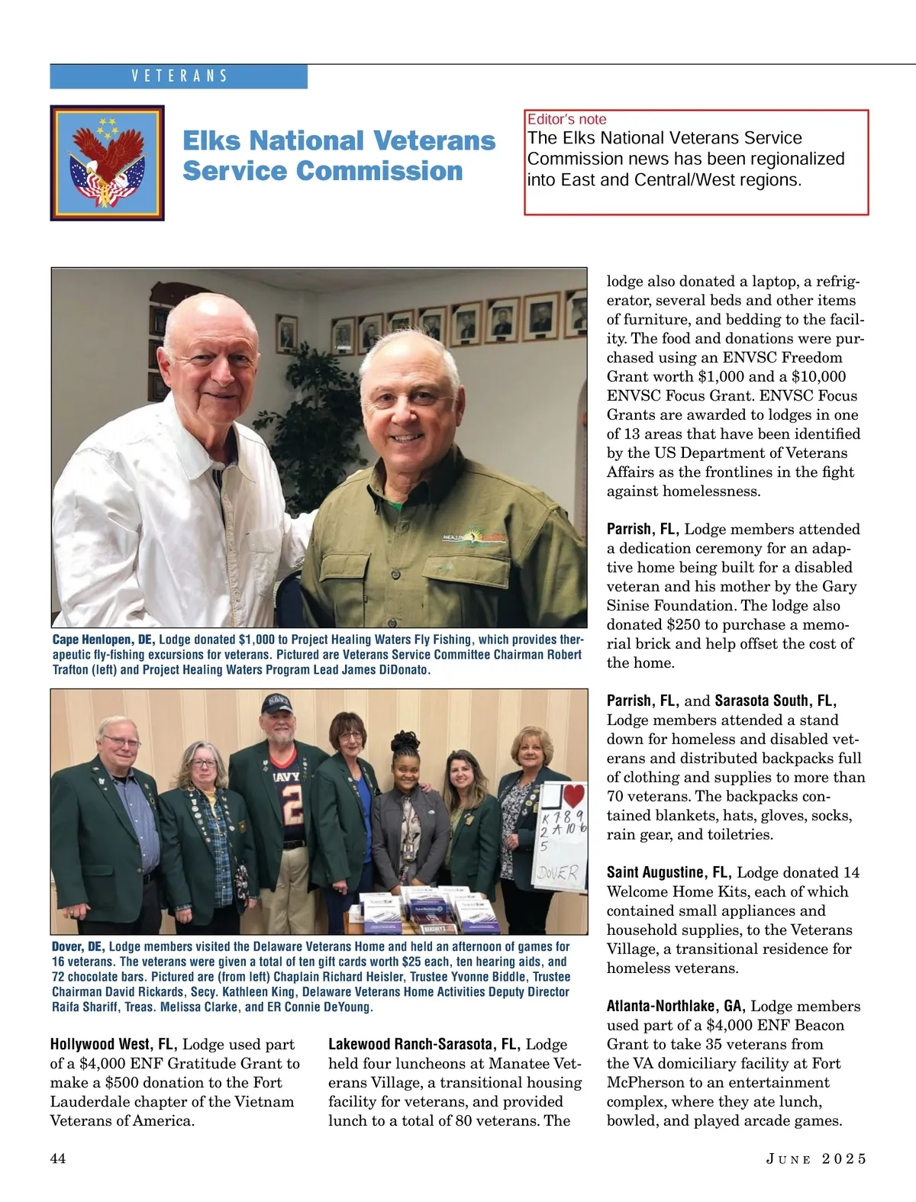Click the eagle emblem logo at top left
click(x=107, y=163)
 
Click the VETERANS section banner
click(x=179, y=76)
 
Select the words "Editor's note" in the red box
click(x=566, y=119)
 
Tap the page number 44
click(x=58, y=1158)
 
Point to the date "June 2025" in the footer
click(x=816, y=1158)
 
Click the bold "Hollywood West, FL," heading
click(x=114, y=1044)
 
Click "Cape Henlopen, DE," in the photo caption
click(x=103, y=640)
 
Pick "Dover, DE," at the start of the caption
click(x=78, y=946)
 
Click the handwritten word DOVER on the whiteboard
click(x=558, y=873)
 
